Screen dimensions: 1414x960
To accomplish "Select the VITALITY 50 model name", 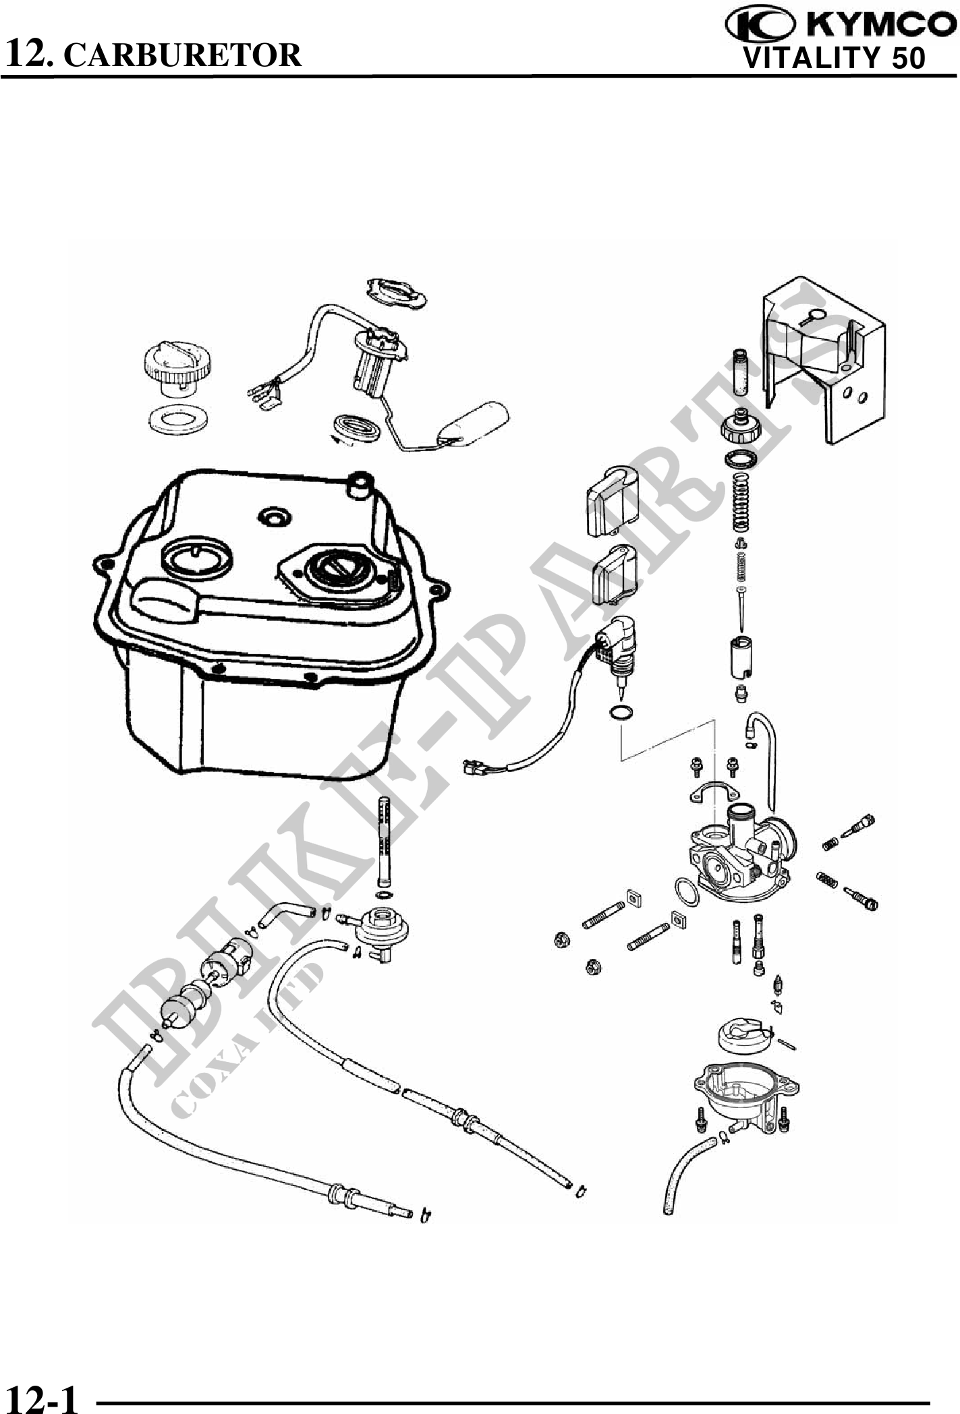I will pos(834,59).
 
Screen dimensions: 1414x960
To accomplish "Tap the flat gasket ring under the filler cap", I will pos(177,421).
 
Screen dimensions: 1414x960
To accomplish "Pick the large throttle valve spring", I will pos(741,503).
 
